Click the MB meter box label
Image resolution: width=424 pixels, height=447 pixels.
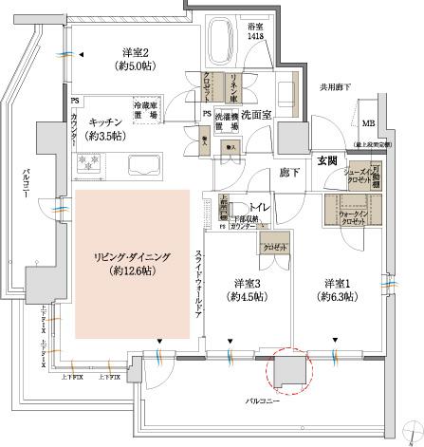point(369,123)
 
